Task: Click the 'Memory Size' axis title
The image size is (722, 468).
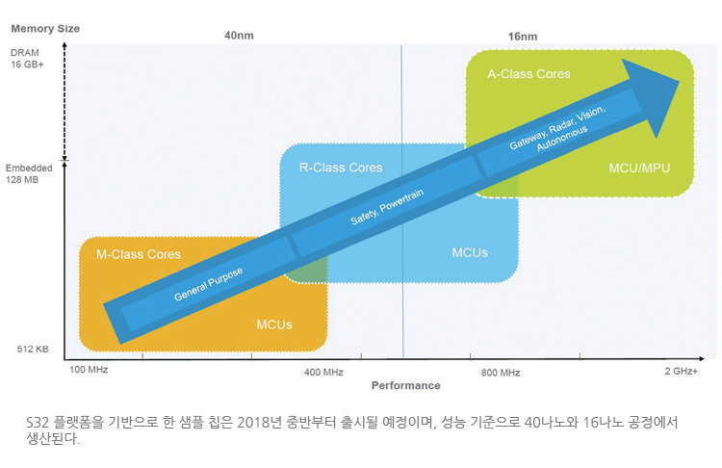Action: (45, 29)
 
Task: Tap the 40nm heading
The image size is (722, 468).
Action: (239, 36)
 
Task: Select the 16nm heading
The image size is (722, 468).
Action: (523, 36)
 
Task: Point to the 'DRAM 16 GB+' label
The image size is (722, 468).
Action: (27, 59)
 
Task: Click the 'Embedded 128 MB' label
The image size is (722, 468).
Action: (29, 173)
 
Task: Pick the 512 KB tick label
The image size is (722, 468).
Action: (33, 350)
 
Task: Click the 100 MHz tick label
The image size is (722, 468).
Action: (89, 370)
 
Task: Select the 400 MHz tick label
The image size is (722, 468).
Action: (323, 373)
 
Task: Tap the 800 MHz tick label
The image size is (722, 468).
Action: (501, 373)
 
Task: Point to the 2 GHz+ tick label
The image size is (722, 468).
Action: (681, 372)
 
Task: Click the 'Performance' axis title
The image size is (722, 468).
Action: (405, 385)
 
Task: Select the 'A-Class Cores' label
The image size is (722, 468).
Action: (529, 74)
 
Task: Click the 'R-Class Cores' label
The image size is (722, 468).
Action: (341, 168)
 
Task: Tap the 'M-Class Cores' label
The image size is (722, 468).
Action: (138, 254)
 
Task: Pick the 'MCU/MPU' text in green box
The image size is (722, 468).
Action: (639, 169)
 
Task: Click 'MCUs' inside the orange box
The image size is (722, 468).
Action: (274, 325)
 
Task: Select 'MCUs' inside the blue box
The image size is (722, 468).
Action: (470, 253)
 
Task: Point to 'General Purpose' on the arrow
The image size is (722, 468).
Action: (208, 284)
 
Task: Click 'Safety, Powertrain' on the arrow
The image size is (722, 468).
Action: (387, 207)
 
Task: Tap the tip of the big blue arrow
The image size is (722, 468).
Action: (680, 82)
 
